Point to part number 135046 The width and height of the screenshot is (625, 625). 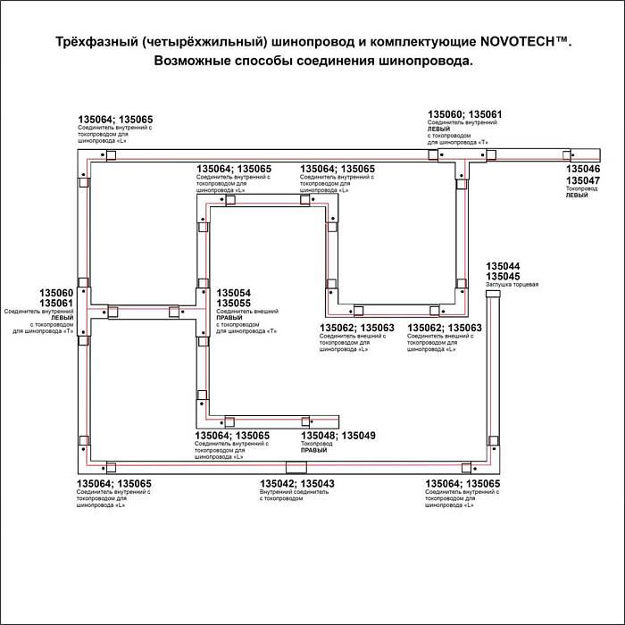click(x=584, y=169)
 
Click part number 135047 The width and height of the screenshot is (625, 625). click(x=584, y=180)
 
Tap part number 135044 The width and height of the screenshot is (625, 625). click(x=503, y=266)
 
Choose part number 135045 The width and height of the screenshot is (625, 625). click(x=503, y=277)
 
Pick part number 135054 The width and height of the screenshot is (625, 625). click(x=234, y=293)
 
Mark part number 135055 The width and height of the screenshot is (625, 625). click(x=234, y=304)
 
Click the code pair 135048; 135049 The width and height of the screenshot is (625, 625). click(x=338, y=436)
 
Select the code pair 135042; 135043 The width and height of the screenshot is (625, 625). click(x=296, y=484)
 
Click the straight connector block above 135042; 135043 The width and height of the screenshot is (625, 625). click(x=295, y=468)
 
